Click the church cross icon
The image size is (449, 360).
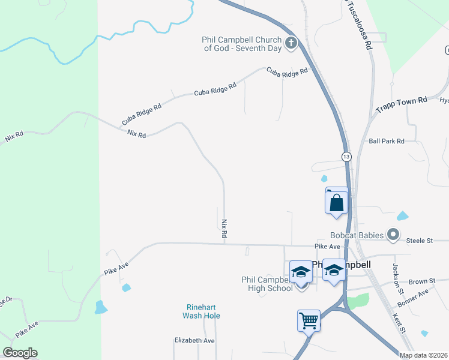coord(291,43)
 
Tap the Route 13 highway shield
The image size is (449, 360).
coord(346,157)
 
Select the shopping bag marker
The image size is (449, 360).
coord(337,202)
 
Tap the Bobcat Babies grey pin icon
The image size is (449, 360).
coord(393,235)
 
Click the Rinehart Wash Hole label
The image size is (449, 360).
coord(202,311)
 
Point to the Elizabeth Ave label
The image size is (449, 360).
coord(194,341)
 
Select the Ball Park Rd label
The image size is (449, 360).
coord(387,141)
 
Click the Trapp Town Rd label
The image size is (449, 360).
coord(401,104)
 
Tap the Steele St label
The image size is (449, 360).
coord(420,241)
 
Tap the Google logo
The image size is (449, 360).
coord(20,353)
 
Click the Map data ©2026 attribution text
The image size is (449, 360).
coord(423,355)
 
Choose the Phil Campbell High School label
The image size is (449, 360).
coord(267,284)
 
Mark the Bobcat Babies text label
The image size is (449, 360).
coord(357,235)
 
